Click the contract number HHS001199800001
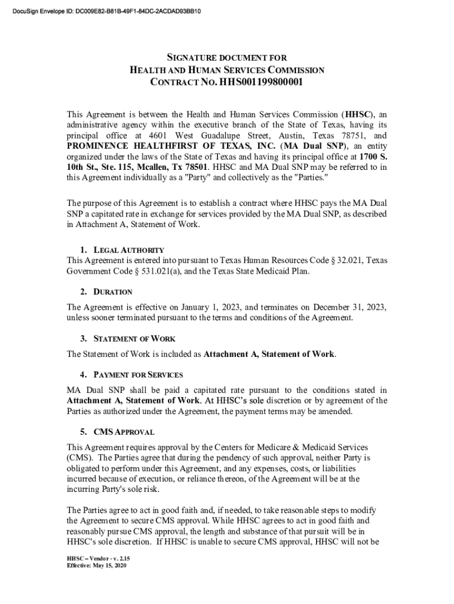coord(262,82)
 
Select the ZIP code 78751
coord(348,135)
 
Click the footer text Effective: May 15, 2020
coord(97,566)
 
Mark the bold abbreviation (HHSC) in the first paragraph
coord(357,114)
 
